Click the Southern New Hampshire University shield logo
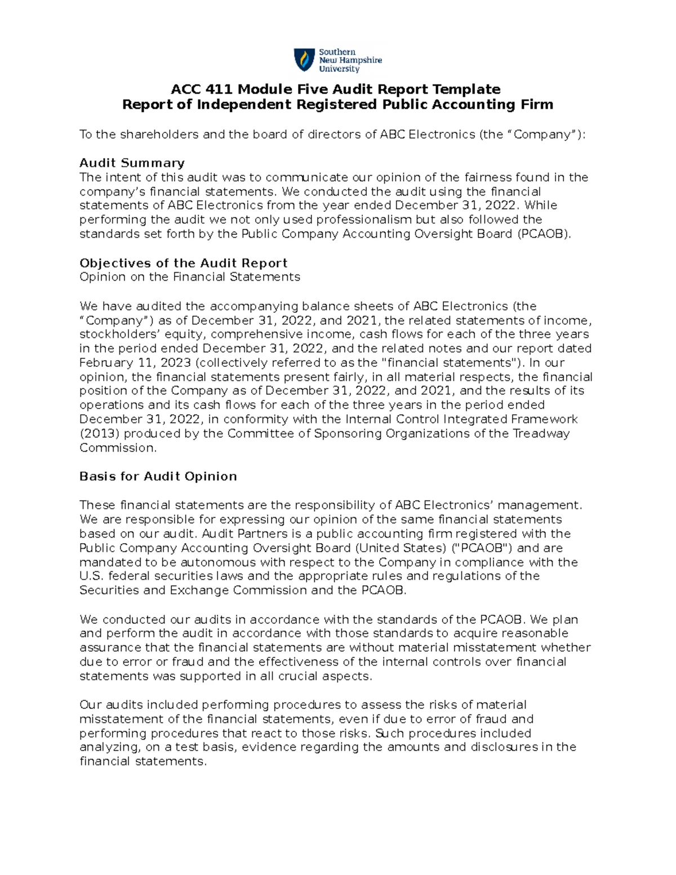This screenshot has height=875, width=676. (304, 60)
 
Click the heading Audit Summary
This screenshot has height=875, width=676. (131, 163)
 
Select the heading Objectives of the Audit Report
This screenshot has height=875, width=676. (183, 263)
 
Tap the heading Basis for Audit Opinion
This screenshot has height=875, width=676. (158, 477)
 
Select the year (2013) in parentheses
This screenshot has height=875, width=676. (99, 434)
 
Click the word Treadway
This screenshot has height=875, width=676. (540, 434)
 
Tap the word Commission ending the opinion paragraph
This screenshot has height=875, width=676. (117, 448)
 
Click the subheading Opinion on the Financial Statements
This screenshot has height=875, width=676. (190, 277)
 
